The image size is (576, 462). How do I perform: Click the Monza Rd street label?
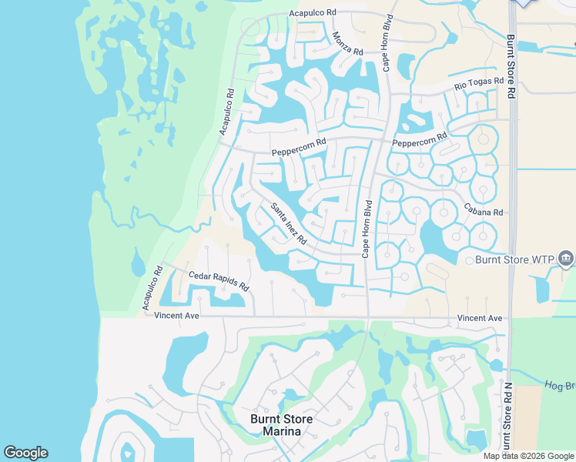[x=347, y=43]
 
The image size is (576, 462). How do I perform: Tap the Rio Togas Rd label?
[x=478, y=81]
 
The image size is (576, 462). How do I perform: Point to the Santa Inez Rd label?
[x=289, y=223]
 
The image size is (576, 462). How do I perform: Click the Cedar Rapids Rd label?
[x=219, y=280]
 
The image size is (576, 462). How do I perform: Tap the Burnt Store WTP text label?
[x=513, y=259]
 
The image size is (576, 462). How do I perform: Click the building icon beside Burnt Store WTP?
[x=566, y=258]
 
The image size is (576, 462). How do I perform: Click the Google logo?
[x=25, y=453]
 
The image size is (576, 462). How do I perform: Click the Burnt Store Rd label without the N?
[x=511, y=65]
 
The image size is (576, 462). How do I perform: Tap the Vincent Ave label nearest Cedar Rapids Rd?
[x=176, y=316]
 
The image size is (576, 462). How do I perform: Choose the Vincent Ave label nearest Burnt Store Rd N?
[x=479, y=318]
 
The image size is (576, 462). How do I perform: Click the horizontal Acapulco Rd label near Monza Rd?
[x=313, y=14]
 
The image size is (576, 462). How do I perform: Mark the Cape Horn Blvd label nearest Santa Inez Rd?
[x=367, y=229]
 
